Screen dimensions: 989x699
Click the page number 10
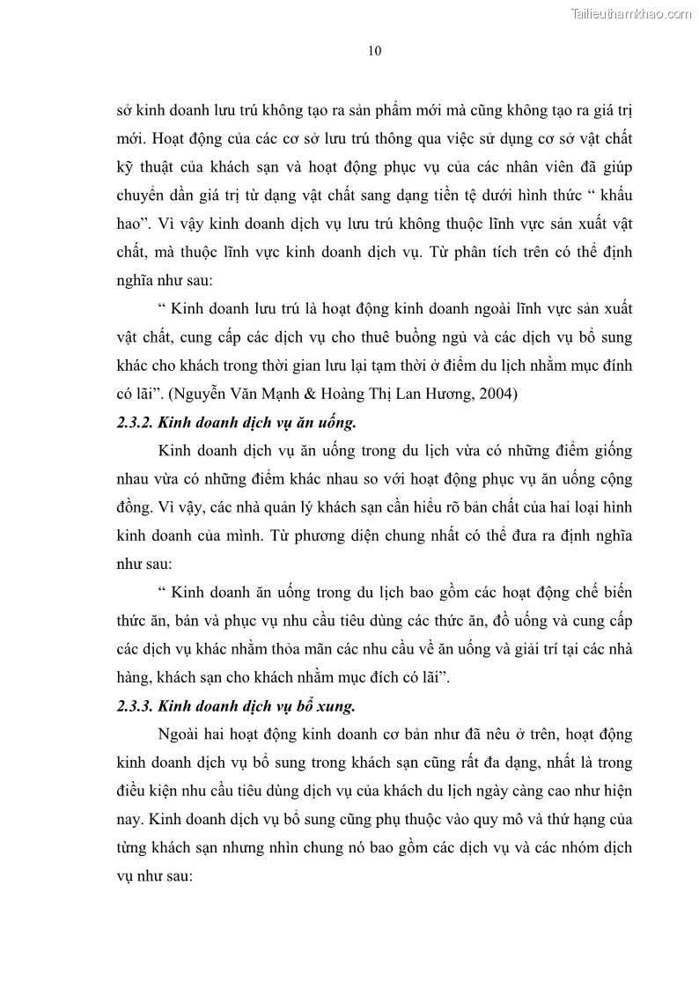point(374,51)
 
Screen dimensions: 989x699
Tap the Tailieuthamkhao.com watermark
point(631,13)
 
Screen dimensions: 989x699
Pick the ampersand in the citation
point(324,394)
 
